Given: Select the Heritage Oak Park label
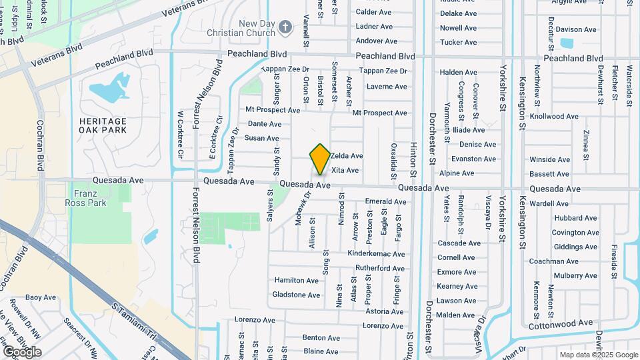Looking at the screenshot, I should click(103, 125).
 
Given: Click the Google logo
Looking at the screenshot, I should click(22, 351).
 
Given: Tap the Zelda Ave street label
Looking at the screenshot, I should click(347, 156).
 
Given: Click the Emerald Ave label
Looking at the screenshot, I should click(386, 201).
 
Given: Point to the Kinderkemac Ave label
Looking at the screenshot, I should click(377, 254).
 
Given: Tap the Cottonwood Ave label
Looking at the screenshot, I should click(560, 323).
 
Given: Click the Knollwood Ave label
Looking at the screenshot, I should click(553, 116).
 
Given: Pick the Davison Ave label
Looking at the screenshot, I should click(576, 29).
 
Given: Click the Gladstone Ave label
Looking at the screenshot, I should click(297, 295).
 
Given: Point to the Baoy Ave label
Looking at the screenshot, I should click(41, 297).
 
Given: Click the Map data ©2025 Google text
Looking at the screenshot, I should click(598, 355).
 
